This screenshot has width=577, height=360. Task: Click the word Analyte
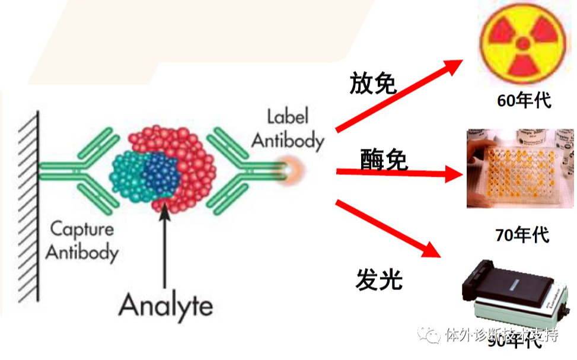(x=165, y=305)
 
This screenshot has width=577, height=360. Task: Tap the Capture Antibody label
(x=82, y=240)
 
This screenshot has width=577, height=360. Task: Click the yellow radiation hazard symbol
(x=523, y=43)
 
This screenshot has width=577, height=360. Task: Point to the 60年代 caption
(x=524, y=100)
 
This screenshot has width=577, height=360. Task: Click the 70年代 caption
(x=522, y=235)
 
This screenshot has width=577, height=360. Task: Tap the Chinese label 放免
(x=372, y=84)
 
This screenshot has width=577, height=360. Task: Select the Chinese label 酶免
(x=384, y=159)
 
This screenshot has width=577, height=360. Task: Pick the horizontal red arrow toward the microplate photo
(x=398, y=173)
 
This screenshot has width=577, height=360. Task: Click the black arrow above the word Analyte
(x=165, y=243)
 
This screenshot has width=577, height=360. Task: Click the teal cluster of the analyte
(x=128, y=177)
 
